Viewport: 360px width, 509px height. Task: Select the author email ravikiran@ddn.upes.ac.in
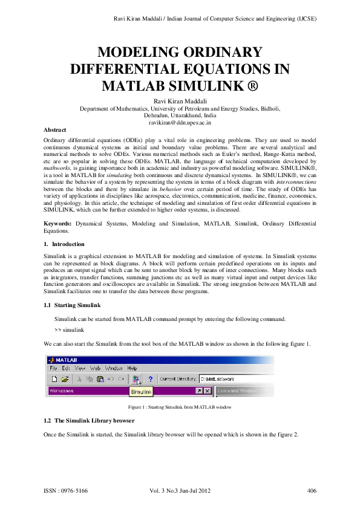pos(180,122)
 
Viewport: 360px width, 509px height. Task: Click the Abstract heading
pos(56,130)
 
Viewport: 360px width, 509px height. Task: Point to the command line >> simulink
pos(69,330)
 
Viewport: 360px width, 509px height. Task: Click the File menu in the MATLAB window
pos(53,368)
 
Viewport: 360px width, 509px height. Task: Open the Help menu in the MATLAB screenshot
pos(132,368)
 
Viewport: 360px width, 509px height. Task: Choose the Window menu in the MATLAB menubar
pos(114,368)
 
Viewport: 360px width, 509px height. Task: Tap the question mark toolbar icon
pos(149,379)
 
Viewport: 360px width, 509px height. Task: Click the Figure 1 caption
pos(180,407)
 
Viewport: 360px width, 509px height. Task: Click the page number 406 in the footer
pos(312,490)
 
